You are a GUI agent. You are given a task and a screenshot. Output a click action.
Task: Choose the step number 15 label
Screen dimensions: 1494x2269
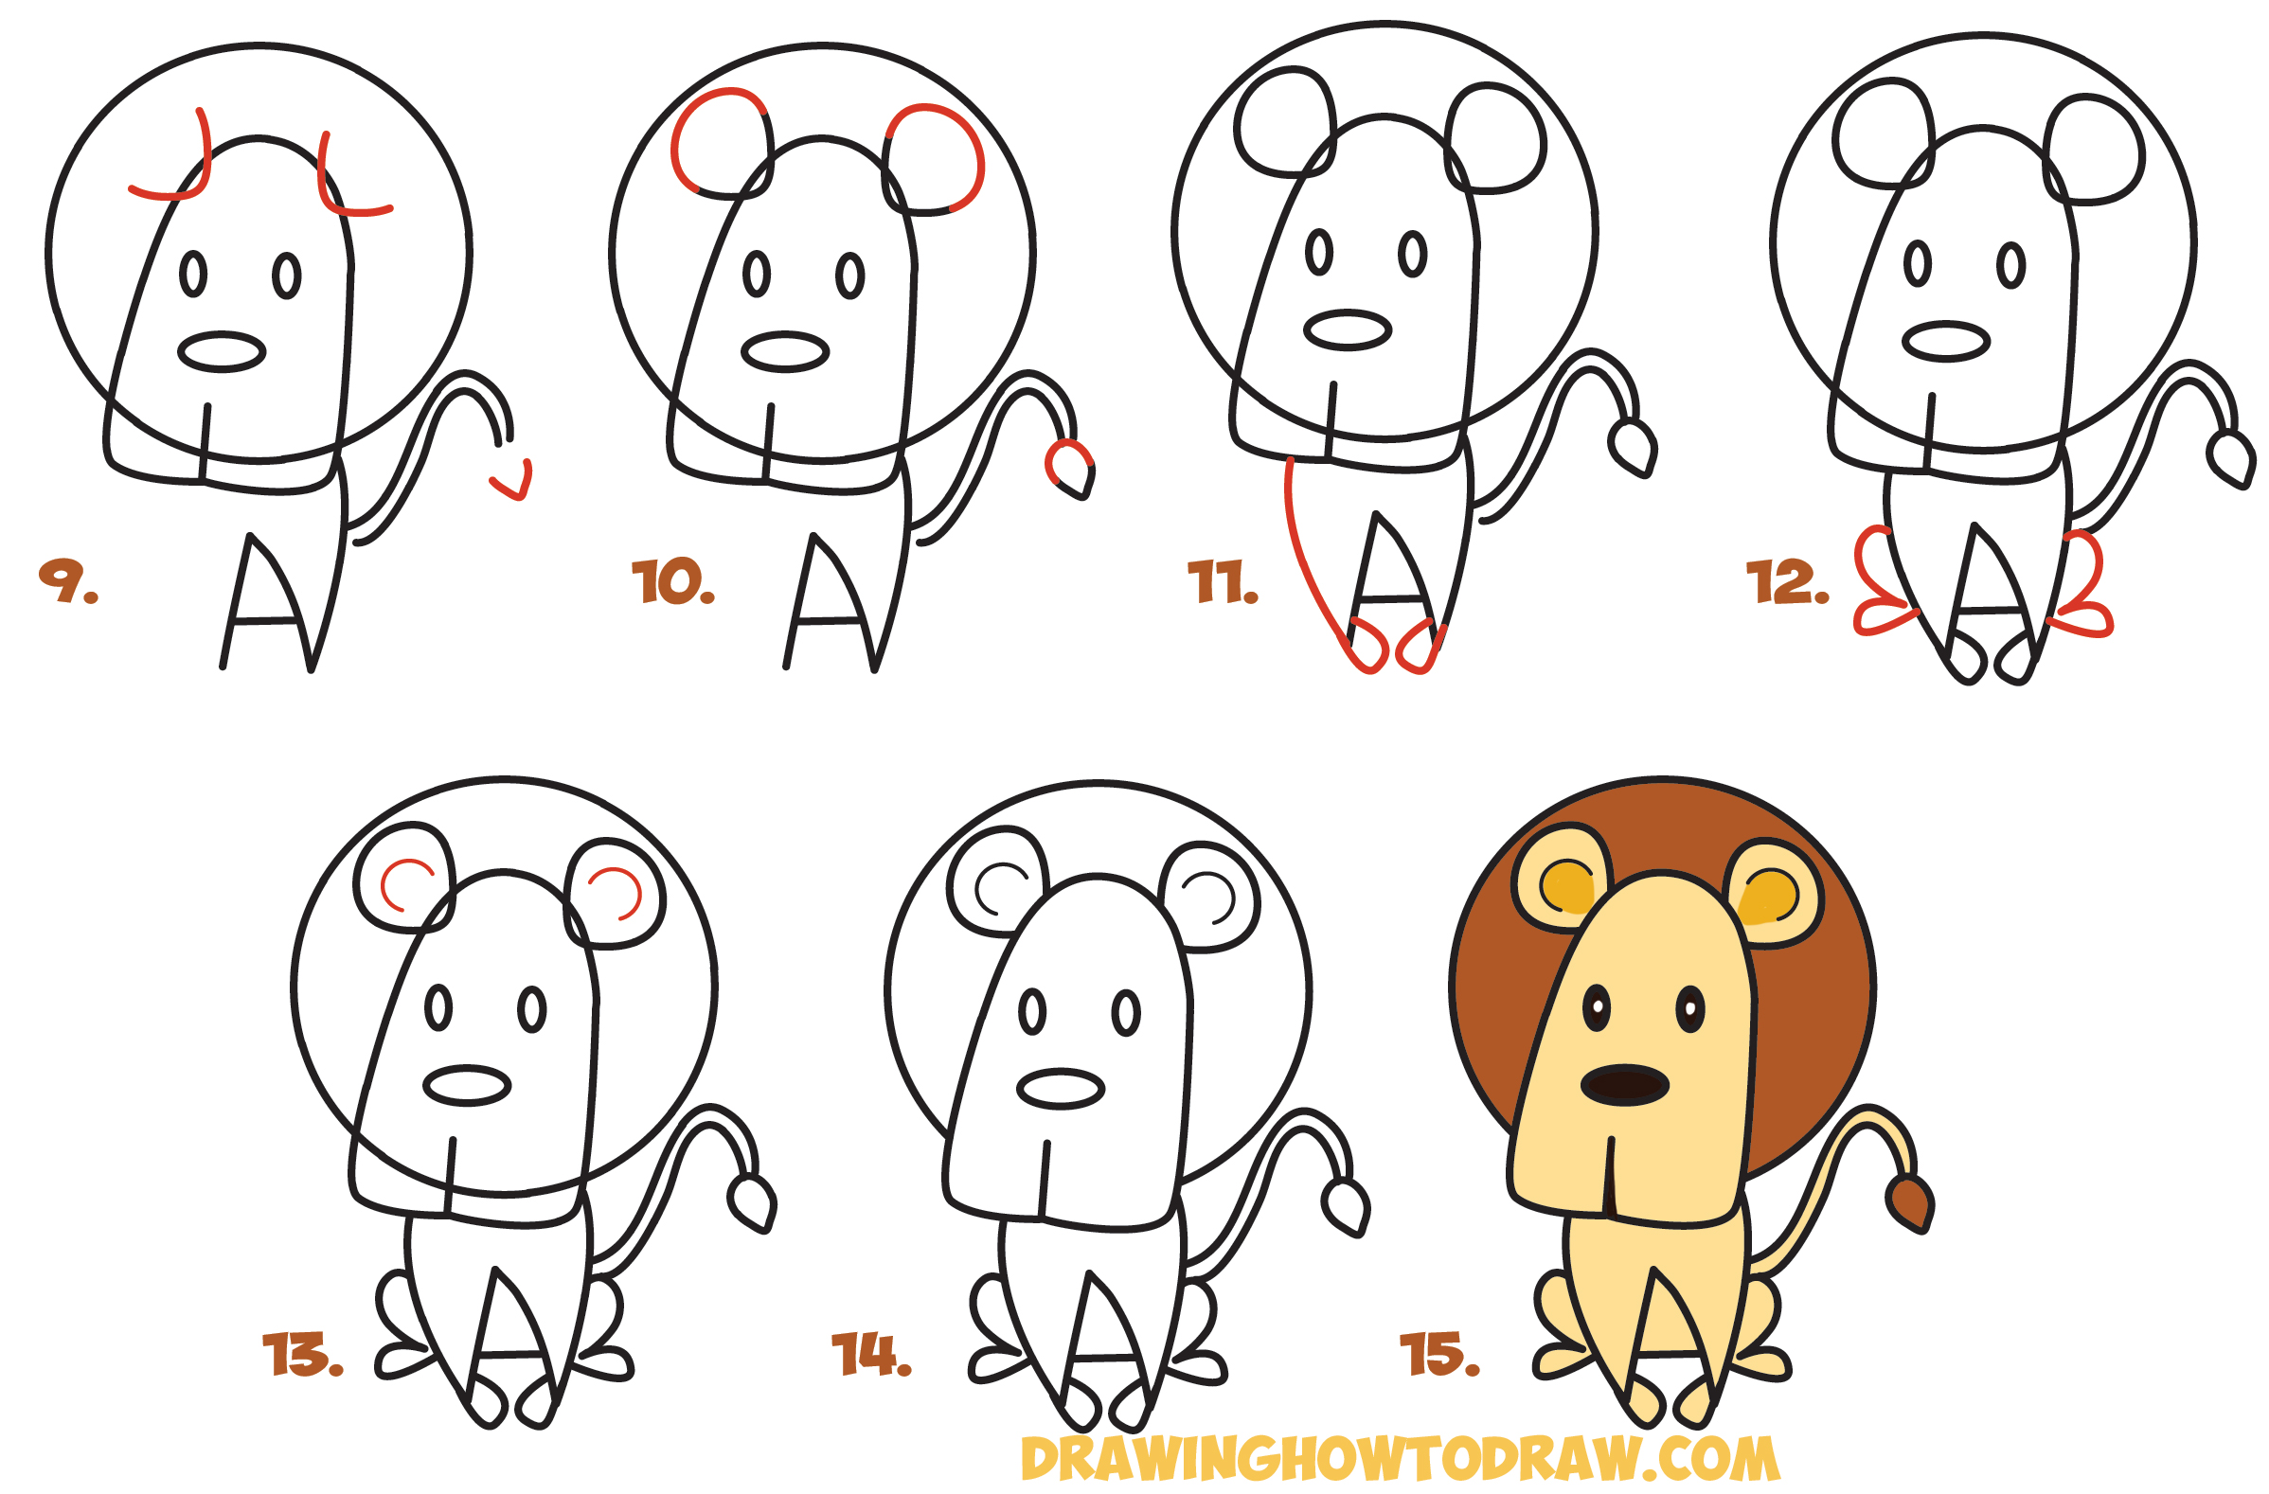click(1438, 1355)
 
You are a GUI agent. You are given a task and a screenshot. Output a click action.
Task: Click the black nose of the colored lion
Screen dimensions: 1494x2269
click(1624, 1085)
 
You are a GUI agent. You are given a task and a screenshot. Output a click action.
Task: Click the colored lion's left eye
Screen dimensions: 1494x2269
click(1596, 1008)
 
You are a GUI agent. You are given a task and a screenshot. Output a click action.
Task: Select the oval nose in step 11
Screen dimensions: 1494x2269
click(1347, 329)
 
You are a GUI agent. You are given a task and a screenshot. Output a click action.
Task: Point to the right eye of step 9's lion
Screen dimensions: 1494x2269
click(286, 276)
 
